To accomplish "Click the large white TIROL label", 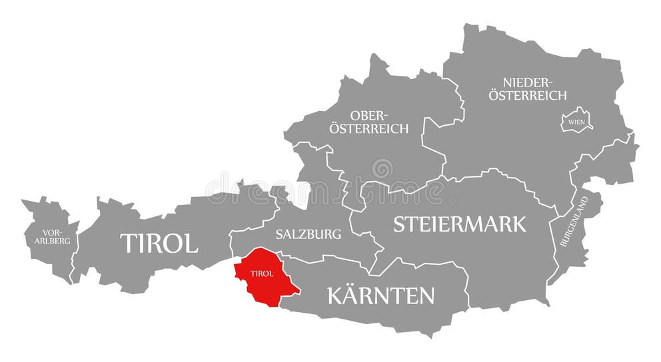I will click(159, 243).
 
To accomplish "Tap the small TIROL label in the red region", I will click(261, 273).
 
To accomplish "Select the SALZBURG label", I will click(308, 234).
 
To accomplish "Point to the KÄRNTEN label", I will click(380, 295).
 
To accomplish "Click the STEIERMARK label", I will click(460, 224).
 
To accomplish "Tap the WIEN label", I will click(575, 122).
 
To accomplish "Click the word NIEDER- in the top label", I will click(528, 83).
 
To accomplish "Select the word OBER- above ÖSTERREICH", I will click(368, 116).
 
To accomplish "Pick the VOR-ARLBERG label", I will click(52, 237).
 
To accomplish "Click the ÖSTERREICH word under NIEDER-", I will click(528, 95).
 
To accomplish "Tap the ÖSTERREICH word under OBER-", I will click(368, 128).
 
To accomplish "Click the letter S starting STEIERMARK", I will click(399, 224).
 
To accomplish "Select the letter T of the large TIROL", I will click(127, 243).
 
